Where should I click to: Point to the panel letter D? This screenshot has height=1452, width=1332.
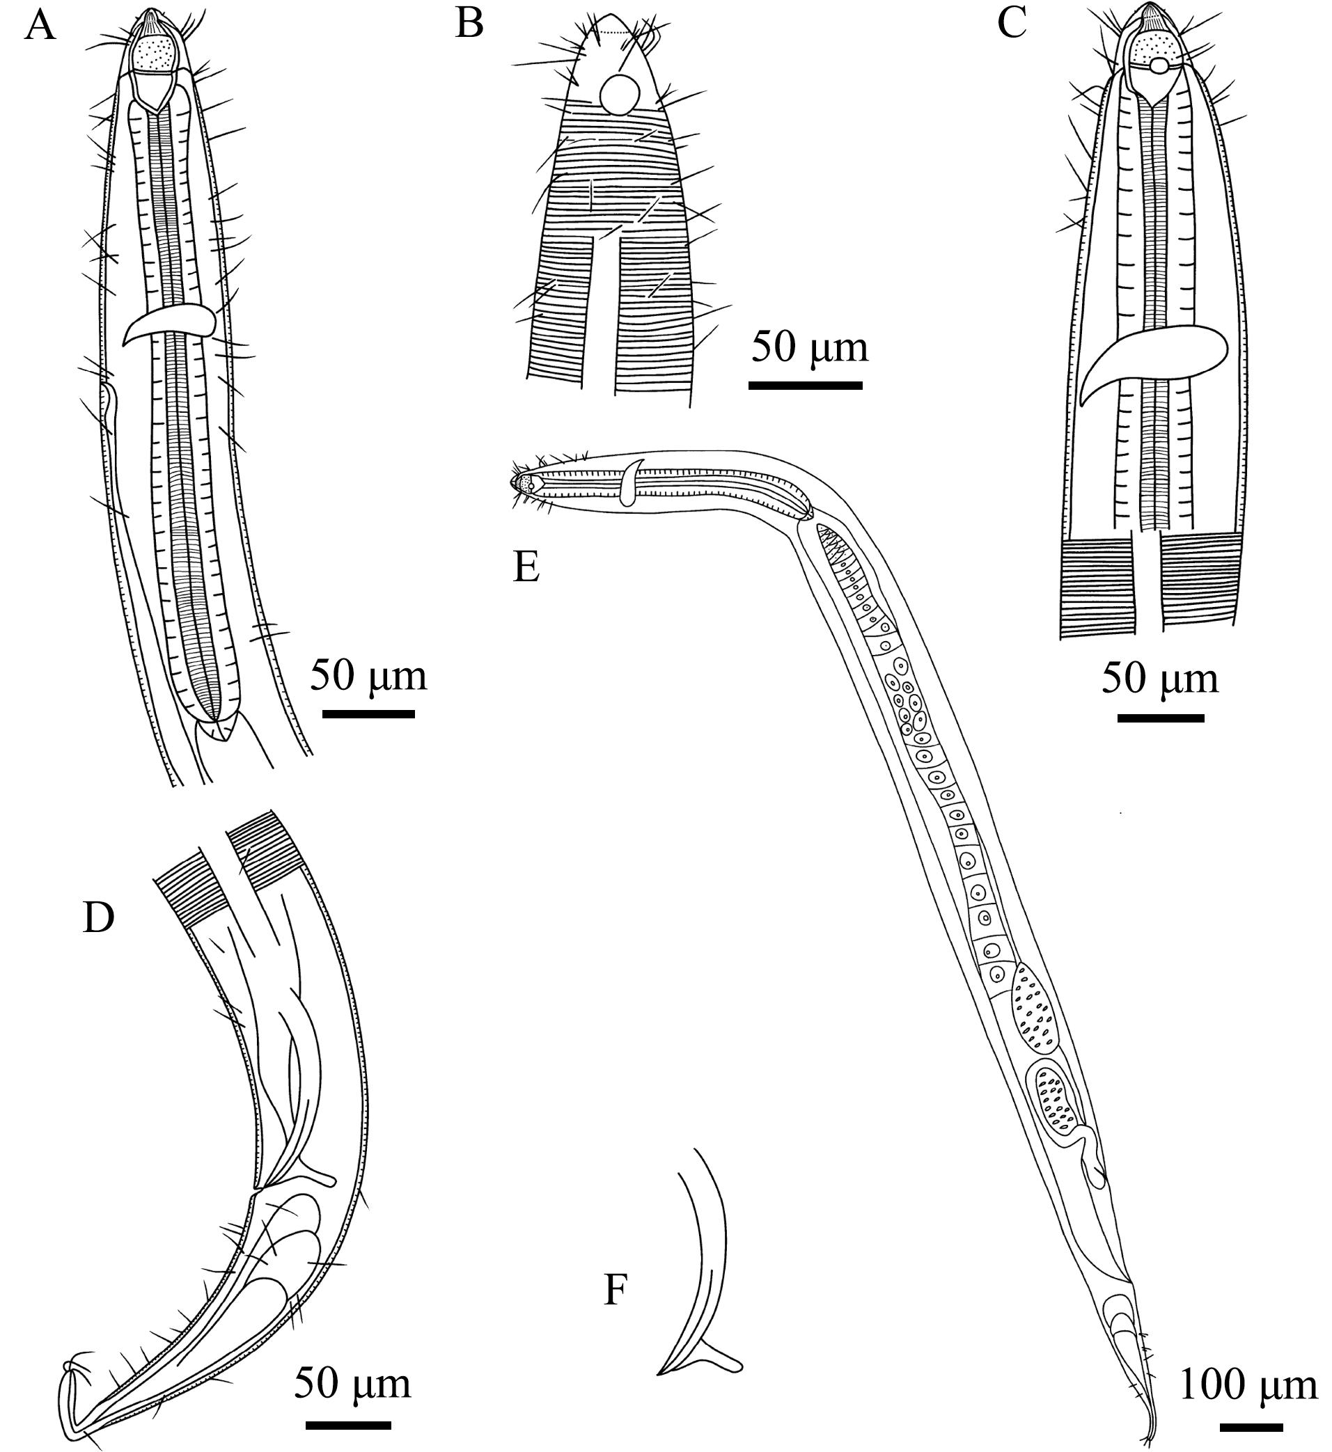pos(99,917)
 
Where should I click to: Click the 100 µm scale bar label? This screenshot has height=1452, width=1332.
pos(1248,1385)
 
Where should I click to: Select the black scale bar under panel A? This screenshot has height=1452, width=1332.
pos(368,714)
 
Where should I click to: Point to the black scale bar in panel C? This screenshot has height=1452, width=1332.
pos(1161,718)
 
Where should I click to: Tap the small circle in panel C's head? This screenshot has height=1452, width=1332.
pos(1160,66)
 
